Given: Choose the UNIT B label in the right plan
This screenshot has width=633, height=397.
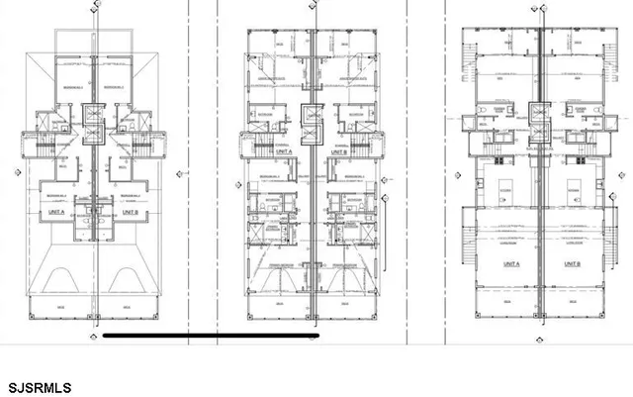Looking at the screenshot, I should click(x=571, y=265).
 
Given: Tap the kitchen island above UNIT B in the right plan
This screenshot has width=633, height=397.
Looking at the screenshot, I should click(x=571, y=188).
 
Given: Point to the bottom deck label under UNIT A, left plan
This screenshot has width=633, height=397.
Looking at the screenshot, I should click(x=60, y=308).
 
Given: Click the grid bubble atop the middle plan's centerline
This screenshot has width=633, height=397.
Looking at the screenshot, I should click(x=314, y=4).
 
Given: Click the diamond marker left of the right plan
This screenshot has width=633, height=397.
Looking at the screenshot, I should click(x=458, y=170).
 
